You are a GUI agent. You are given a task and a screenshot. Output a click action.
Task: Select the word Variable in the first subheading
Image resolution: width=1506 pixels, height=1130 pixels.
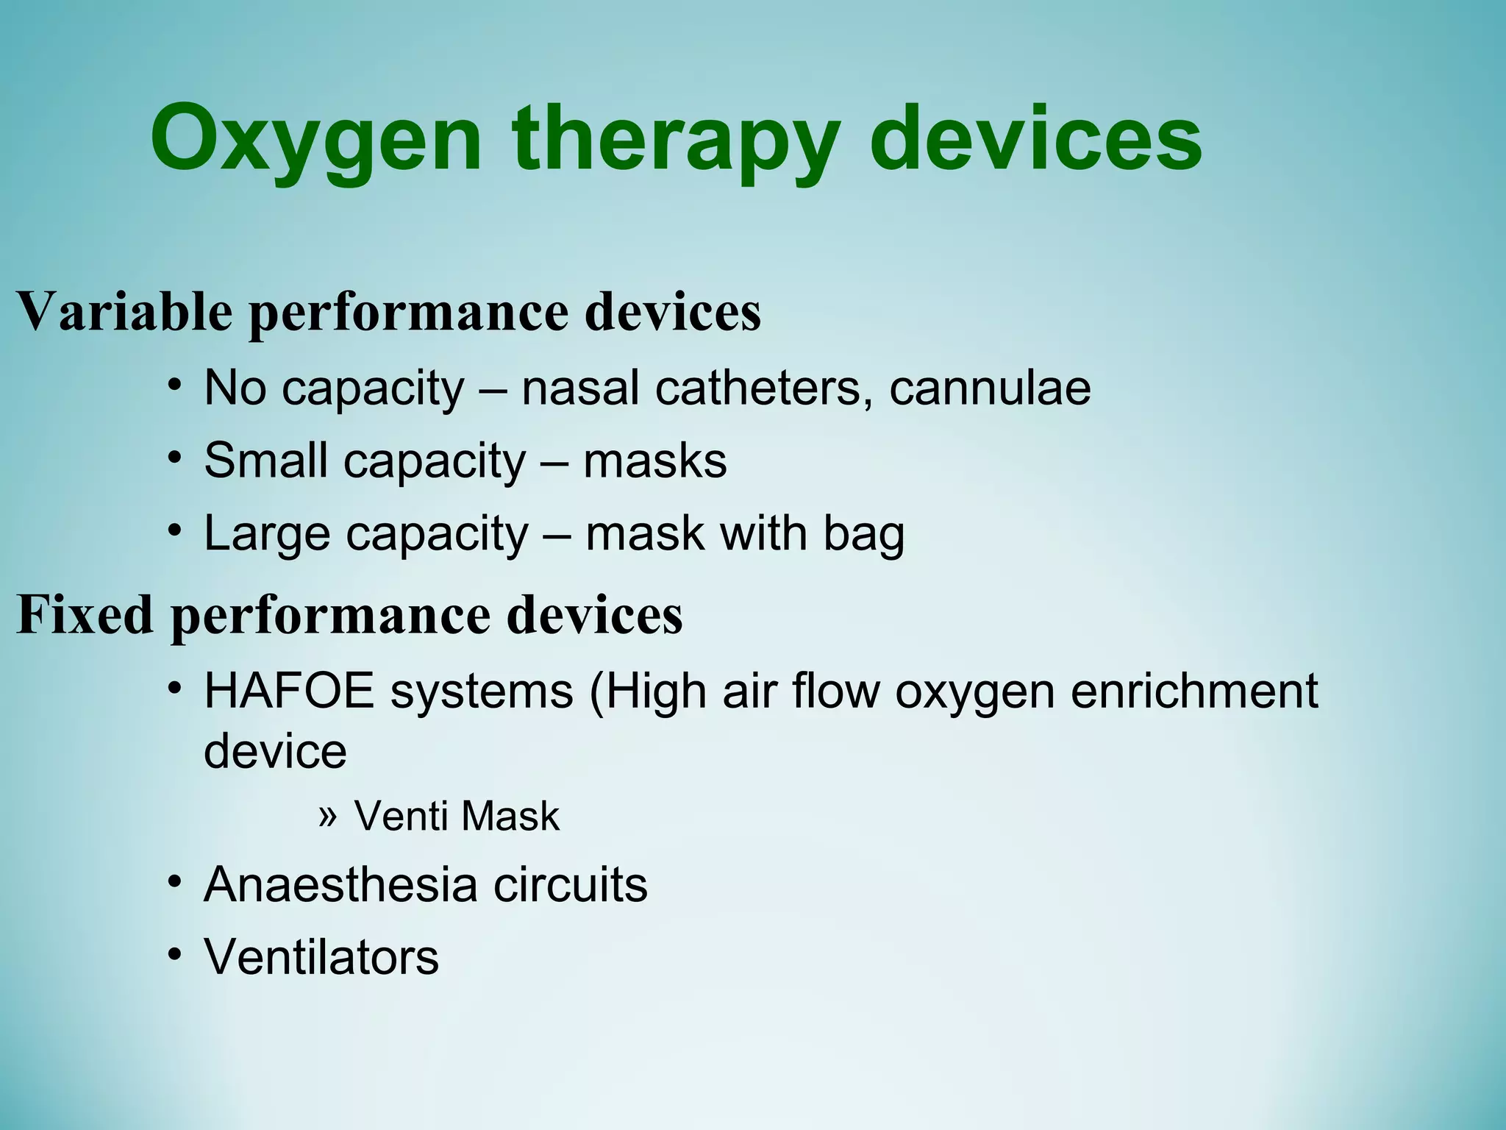124,311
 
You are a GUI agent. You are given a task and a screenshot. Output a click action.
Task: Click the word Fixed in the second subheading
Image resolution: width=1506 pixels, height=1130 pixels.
85,614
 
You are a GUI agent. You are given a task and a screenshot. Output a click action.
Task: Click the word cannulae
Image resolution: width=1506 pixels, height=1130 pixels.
990,388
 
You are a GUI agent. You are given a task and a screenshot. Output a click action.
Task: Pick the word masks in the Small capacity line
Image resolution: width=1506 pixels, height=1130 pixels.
654,461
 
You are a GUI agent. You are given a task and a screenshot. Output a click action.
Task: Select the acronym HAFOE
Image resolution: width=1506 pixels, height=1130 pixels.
289,692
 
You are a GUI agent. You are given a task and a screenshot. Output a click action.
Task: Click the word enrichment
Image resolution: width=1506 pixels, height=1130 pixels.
1194,692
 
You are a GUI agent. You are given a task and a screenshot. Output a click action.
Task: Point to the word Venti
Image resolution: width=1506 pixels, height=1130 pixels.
400,816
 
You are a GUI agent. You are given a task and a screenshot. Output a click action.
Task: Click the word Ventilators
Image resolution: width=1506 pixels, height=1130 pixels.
321,957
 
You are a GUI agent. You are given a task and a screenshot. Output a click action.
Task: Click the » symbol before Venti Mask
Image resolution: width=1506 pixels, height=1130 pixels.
328,815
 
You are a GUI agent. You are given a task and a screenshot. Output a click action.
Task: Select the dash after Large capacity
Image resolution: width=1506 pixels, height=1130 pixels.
557,534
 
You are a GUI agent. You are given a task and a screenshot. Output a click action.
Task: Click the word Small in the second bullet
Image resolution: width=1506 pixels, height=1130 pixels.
265,461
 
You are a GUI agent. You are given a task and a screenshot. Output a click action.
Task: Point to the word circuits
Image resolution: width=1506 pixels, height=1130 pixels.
571,884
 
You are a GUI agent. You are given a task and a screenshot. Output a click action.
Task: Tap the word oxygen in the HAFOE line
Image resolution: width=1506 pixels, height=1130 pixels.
975,693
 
